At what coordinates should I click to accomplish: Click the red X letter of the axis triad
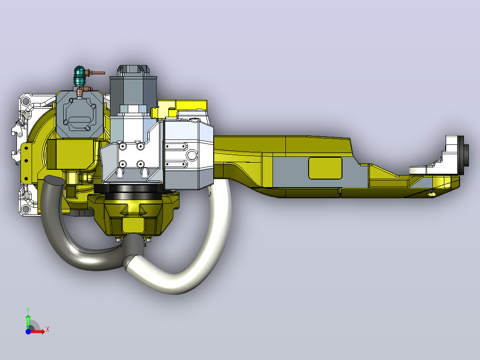[48, 330]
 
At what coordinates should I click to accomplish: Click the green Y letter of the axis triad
[28, 310]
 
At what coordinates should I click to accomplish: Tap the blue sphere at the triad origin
[28, 331]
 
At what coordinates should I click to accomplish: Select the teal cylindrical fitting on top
[80, 76]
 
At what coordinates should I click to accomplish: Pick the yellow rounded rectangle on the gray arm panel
[325, 168]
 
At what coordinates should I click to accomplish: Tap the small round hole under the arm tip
[432, 194]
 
